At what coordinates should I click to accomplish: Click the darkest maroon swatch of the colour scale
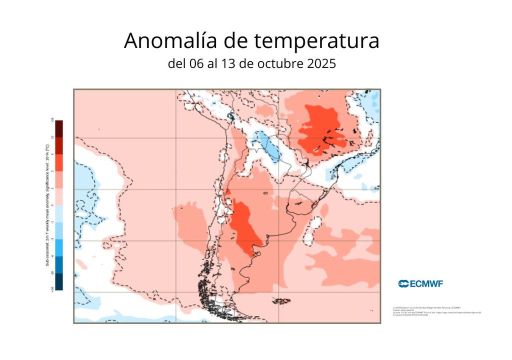[x=59, y=128]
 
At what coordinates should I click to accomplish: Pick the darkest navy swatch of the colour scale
[x=59, y=281]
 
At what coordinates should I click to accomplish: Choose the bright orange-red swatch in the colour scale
[x=59, y=162]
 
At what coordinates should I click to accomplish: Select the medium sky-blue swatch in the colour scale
[x=59, y=230]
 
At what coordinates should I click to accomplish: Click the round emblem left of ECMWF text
[x=403, y=284]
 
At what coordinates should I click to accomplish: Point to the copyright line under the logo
[x=427, y=307]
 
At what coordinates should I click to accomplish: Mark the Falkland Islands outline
[x=282, y=301]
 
